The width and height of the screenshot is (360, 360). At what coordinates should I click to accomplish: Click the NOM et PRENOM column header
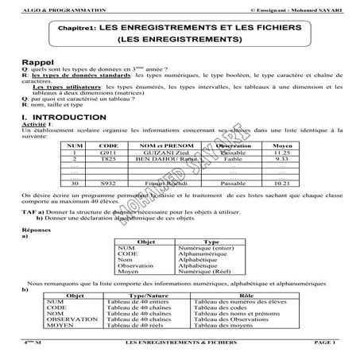(x=162, y=145)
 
